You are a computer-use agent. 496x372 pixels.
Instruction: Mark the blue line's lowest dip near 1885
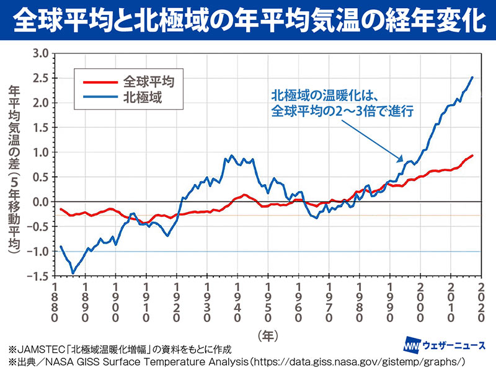tap(73, 273)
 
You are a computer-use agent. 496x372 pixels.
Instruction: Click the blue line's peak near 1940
tap(232, 156)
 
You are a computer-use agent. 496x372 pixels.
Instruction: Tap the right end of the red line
tap(473, 155)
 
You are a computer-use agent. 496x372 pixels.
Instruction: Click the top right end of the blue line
tap(473, 77)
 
